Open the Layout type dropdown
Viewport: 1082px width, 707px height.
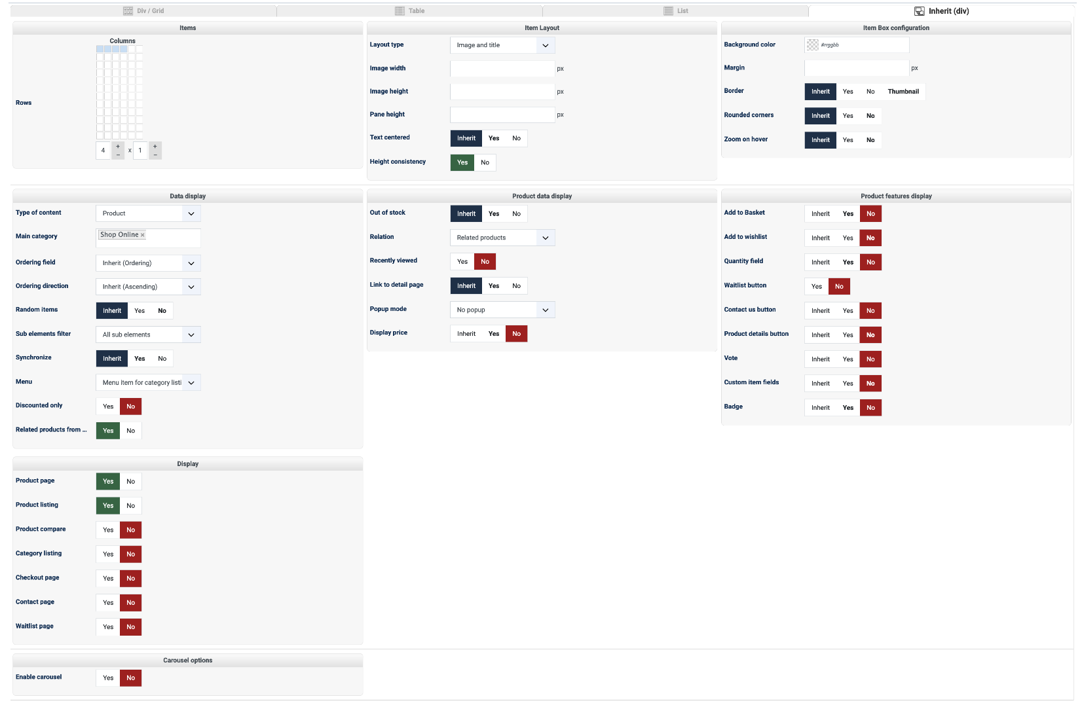(x=502, y=45)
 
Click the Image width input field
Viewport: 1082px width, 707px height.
(x=502, y=69)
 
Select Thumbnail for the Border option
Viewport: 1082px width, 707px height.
(x=903, y=92)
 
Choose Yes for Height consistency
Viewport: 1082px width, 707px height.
(x=462, y=162)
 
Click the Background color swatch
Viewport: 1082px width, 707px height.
(x=813, y=45)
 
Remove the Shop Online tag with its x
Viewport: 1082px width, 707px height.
(x=143, y=235)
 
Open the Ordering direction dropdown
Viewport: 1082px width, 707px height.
(x=148, y=287)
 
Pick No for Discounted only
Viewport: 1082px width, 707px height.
(x=131, y=407)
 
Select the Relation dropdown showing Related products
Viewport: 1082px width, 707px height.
(x=502, y=238)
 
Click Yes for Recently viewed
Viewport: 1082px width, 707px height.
(x=462, y=262)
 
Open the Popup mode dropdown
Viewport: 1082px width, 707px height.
(x=502, y=310)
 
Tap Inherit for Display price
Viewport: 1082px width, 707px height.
(x=466, y=334)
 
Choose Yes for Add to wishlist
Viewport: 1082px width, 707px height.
(x=848, y=238)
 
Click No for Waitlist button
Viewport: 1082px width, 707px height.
(x=839, y=287)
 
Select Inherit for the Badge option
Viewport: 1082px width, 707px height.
(x=820, y=408)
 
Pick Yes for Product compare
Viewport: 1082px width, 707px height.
(x=108, y=530)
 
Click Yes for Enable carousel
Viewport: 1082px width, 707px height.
(x=108, y=678)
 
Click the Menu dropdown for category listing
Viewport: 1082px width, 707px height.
(x=148, y=383)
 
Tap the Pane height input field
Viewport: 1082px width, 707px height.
(x=502, y=115)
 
